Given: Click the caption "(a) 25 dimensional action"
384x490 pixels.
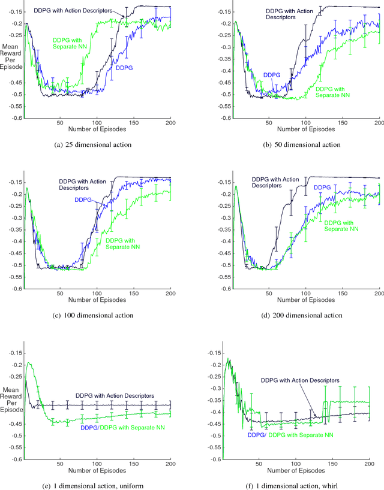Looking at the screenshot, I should point(96,144).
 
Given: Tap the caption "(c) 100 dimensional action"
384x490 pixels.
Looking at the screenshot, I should point(96,315).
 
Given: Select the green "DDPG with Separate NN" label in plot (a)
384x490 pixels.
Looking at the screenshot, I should point(68,43).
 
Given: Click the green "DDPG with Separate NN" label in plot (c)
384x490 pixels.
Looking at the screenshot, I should point(125,244).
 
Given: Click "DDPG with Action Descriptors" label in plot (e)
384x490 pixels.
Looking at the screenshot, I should point(114,395).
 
